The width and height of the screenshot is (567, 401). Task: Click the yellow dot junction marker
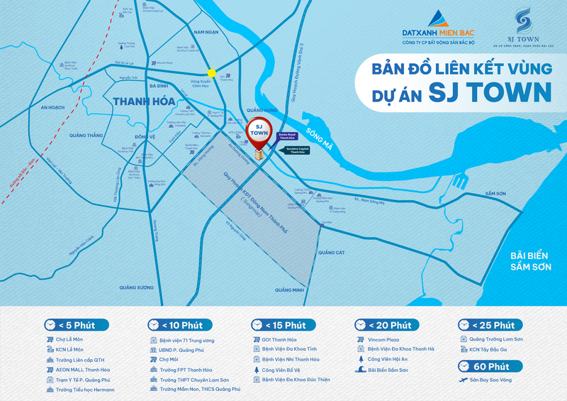coord(211,72)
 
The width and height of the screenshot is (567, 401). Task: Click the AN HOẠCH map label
coord(52,107)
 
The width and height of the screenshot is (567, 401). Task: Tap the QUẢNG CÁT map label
coord(331,252)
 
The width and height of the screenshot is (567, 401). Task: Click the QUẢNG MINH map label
coord(289,290)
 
